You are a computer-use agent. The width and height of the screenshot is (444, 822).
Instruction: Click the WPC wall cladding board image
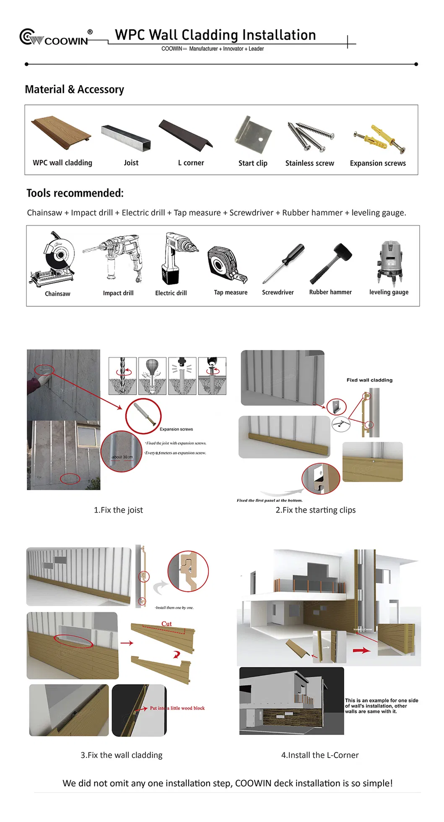pyautogui.click(x=61, y=132)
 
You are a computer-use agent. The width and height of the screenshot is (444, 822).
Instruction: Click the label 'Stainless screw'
pyautogui.click(x=309, y=163)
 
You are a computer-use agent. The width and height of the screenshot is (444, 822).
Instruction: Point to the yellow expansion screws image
pyautogui.click(x=379, y=139)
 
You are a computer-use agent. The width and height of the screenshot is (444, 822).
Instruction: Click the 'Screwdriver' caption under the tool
pyautogui.click(x=278, y=292)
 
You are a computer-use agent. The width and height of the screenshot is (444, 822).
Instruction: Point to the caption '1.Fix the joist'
pyautogui.click(x=118, y=510)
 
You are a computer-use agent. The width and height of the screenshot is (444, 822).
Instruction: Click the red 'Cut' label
pyautogui.click(x=166, y=624)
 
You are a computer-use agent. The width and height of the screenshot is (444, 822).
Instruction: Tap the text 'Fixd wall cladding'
pyautogui.click(x=369, y=380)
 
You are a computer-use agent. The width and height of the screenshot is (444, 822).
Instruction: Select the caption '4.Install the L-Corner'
pyautogui.click(x=320, y=755)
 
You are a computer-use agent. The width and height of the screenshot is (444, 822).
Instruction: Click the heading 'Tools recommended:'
pyautogui.click(x=75, y=193)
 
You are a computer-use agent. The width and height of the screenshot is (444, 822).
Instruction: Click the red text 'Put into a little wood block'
pyautogui.click(x=177, y=708)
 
